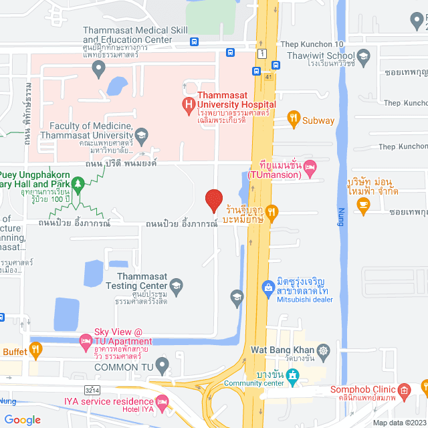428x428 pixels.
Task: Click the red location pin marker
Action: pos(213,200)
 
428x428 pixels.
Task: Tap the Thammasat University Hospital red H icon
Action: pos(189,104)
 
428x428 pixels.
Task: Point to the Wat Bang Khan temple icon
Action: pos(324,350)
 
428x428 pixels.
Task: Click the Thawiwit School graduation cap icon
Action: pos(364,56)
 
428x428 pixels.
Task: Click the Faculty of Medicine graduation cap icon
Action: pos(142,138)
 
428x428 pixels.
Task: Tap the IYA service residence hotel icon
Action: pos(163,401)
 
